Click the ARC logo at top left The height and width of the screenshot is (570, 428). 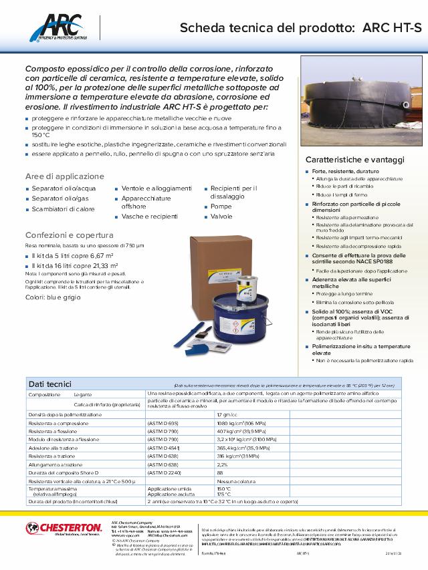60,30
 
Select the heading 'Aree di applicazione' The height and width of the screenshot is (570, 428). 65,176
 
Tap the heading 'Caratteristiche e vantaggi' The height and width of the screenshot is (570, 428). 355,160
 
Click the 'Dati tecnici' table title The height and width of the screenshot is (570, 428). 50,384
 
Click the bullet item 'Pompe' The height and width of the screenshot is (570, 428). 221,207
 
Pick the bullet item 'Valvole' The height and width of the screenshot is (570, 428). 222,217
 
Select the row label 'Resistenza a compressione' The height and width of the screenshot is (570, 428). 59,424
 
